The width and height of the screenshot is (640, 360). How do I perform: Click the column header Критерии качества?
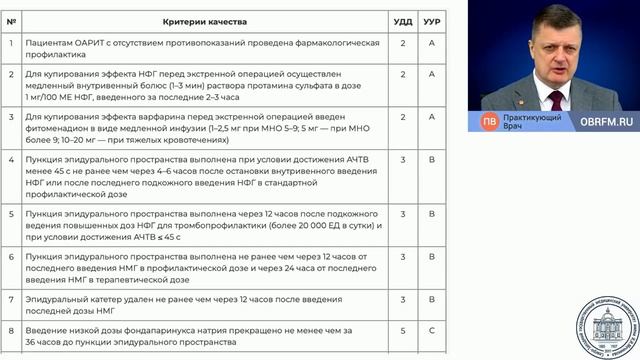coord(207,20)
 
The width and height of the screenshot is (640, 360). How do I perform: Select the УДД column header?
coord(403,20)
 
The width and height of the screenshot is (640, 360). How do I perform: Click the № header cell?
coord(11,20)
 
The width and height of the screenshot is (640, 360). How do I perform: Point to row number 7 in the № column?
coord(11,299)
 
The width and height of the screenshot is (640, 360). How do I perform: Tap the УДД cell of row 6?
coord(403,256)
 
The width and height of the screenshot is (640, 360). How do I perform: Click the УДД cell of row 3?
coord(403,116)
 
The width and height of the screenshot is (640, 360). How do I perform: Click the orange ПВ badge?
coord(490,121)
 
